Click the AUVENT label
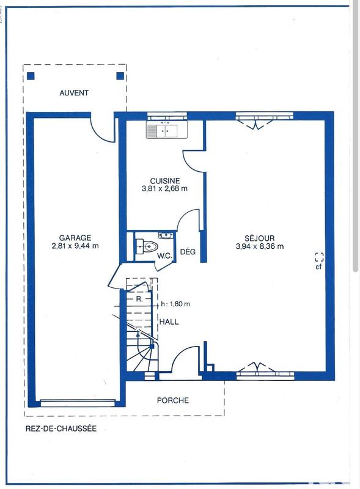pos(74,93)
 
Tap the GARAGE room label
pos(75,238)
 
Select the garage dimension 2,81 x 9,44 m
pos(75,246)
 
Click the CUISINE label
pos(165,180)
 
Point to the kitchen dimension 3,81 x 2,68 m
pos(165,189)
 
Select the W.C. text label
pos(163,256)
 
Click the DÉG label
pos(187,251)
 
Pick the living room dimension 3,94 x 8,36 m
pos(260,246)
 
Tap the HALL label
pos(169,322)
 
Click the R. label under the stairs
pos(139,300)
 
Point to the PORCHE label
pos(172,401)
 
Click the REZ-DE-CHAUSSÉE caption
pos(61,430)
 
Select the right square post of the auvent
pos(120,76)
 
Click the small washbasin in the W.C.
pos(166,235)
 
